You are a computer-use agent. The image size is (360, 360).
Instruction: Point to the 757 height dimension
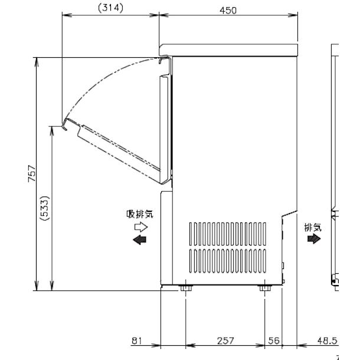(30, 175)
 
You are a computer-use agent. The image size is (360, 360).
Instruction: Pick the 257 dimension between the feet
(225, 341)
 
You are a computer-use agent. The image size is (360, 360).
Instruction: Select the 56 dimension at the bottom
(273, 341)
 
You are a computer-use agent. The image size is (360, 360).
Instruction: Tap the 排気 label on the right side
(313, 227)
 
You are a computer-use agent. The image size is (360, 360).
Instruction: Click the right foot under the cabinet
(264, 288)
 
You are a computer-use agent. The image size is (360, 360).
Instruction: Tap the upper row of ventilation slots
(227, 233)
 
